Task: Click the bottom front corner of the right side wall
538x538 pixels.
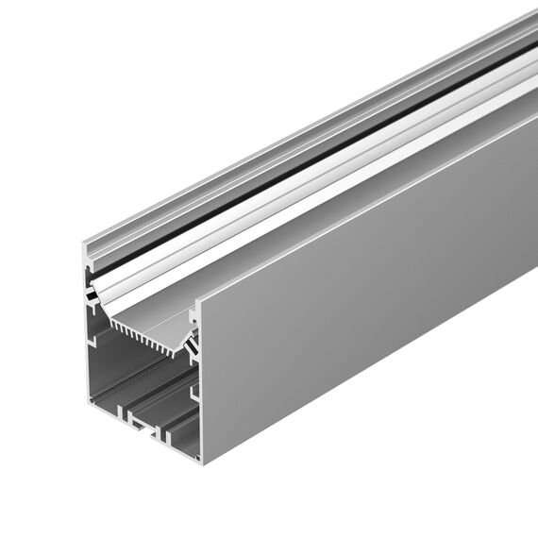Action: [x=201, y=462]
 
